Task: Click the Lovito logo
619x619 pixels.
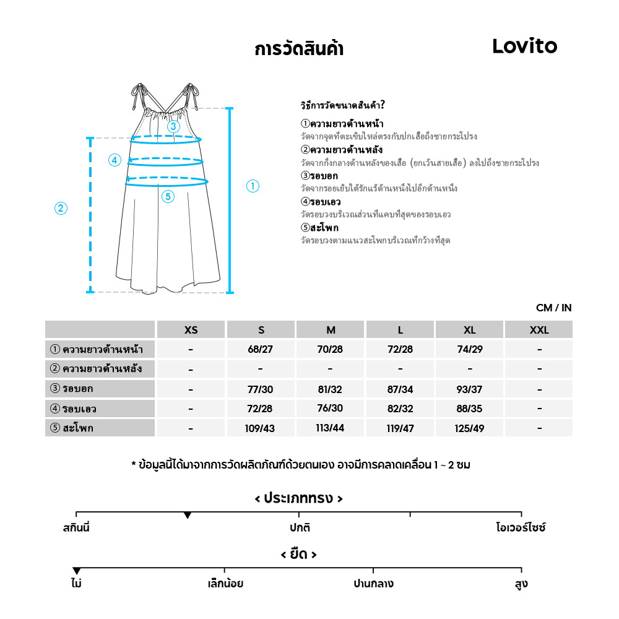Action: point(524,46)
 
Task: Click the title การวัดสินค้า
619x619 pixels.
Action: point(299,50)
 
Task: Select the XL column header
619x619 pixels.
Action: point(470,330)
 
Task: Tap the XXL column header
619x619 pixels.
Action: point(539,330)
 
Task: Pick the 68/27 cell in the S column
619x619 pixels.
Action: point(260,349)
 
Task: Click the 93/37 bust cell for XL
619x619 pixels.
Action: point(470,389)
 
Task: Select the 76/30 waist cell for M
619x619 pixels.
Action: point(330,409)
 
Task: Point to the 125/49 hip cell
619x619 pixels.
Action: point(470,428)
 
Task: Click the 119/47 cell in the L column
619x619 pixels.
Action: point(400,428)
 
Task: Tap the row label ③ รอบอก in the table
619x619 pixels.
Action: point(72,389)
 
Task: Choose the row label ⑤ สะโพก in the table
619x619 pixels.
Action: point(72,428)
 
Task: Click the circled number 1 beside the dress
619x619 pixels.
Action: point(253,186)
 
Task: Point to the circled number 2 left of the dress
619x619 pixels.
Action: point(61,209)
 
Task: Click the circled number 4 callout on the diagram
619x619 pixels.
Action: point(115,160)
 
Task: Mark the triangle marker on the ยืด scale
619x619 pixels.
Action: point(76,570)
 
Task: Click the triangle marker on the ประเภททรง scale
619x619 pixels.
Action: point(188,515)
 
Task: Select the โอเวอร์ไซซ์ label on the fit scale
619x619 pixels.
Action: point(521,528)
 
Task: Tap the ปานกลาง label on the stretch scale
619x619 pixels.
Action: point(373,584)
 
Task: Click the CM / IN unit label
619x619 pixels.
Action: point(553,308)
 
